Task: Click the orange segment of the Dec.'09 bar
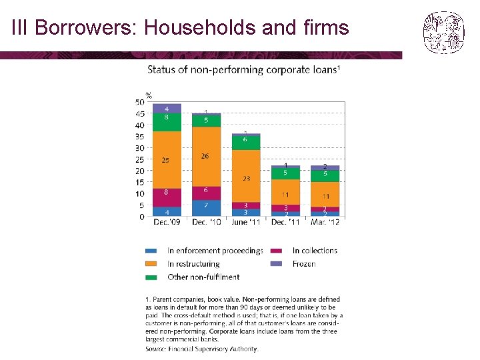167,159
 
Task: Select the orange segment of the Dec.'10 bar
206,156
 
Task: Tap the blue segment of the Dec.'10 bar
206,207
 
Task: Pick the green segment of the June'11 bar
246,141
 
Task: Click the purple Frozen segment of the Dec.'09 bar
167,108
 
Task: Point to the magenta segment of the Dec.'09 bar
167,197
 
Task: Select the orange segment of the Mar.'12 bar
325,195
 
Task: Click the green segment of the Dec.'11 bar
285,173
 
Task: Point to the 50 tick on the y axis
140,102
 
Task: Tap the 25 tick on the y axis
140,159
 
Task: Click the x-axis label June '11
246,222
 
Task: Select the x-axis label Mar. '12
325,222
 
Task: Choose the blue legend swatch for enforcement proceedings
151,251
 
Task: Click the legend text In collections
315,251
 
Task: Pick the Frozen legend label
304,264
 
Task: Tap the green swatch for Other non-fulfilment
151,277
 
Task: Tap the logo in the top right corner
443,32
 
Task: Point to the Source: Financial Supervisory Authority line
201,348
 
